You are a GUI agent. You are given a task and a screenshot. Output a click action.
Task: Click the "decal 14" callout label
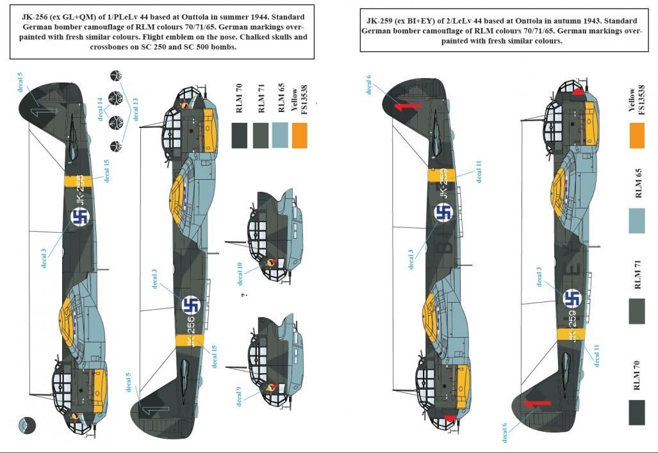tap(100, 108)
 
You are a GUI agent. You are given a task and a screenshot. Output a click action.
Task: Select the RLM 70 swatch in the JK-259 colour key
tap(636, 411)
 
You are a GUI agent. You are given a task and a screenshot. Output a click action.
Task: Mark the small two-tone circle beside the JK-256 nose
tap(27, 425)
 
